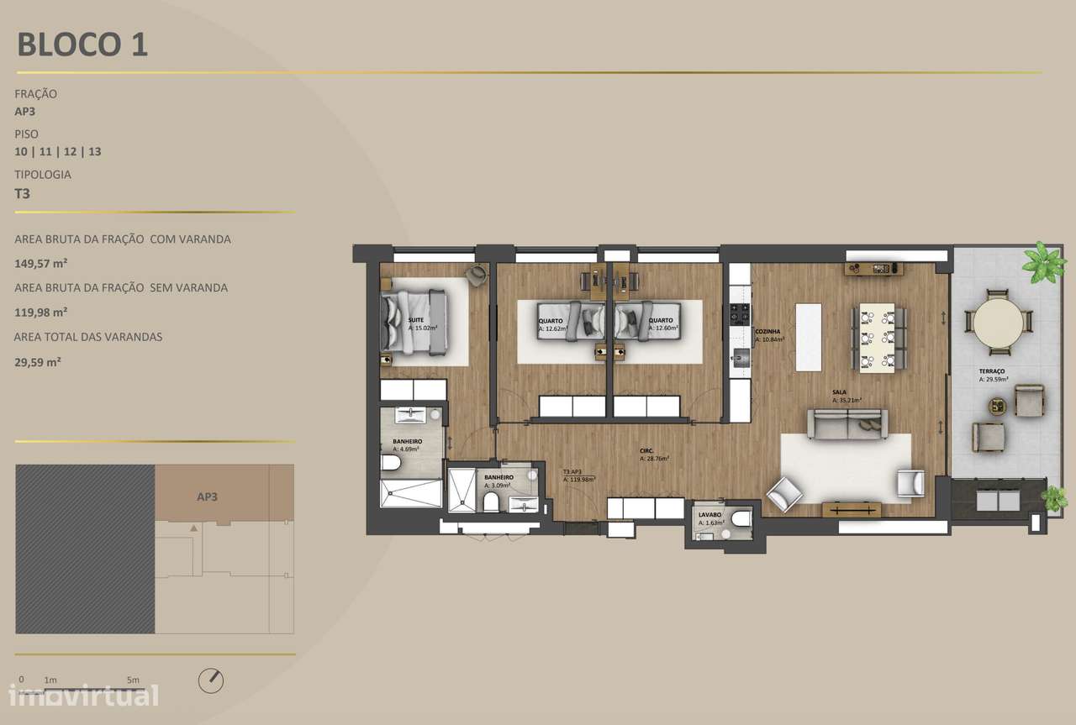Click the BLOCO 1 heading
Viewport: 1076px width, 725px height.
[x=82, y=45]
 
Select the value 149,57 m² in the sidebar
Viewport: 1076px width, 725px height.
[x=41, y=263]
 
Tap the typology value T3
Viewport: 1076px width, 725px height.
[x=23, y=192]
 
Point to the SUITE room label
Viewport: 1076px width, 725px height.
[x=416, y=321]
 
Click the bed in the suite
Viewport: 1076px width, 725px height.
[x=412, y=320]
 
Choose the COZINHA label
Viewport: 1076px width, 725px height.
[x=767, y=332]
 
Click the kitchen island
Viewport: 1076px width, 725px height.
[x=808, y=337]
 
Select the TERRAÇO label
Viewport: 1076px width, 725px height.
[x=991, y=371]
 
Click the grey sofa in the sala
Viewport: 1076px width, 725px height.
[x=847, y=423]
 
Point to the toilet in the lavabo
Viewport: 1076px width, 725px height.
[x=741, y=520]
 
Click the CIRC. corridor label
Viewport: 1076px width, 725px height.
[x=647, y=451]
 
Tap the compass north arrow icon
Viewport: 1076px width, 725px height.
[x=211, y=680]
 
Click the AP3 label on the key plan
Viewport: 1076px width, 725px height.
[x=208, y=496]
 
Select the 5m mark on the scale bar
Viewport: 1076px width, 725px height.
[x=133, y=680]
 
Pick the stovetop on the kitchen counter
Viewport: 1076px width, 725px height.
[x=739, y=314]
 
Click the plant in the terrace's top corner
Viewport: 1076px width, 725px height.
[x=1043, y=262]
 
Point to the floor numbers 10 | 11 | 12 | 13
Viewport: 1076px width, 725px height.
[x=58, y=152]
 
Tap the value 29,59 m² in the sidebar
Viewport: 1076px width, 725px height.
[x=38, y=362]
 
